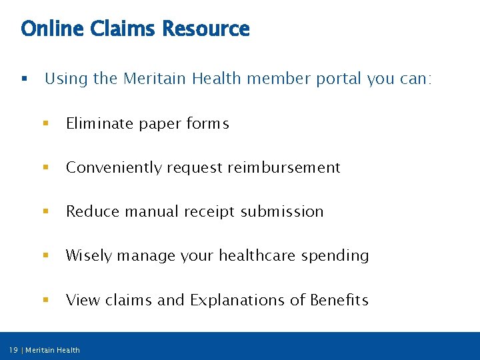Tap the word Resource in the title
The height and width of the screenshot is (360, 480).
click(x=205, y=29)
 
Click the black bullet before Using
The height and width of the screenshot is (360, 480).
click(x=24, y=79)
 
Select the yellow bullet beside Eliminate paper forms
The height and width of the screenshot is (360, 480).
click(x=45, y=123)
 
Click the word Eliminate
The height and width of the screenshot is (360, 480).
click(x=100, y=123)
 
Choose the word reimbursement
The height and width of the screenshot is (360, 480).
click(x=284, y=167)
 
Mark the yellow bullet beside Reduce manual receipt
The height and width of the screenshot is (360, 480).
click(x=45, y=211)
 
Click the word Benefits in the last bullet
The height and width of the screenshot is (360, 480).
click(x=339, y=300)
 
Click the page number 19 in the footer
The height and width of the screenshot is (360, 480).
click(x=13, y=350)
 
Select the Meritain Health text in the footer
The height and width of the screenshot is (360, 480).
click(x=53, y=350)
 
